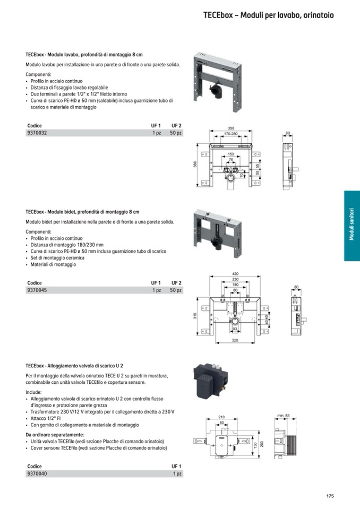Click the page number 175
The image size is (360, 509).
[x=330, y=496]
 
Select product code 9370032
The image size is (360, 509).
[x=37, y=133]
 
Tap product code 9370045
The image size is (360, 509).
[x=37, y=290]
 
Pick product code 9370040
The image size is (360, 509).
[x=37, y=473]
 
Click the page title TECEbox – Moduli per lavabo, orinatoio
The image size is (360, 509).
[x=268, y=15]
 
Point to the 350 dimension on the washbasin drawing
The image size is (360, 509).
[x=231, y=128]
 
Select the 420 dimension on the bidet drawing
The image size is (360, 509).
[x=235, y=274]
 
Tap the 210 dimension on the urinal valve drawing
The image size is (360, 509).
[x=221, y=417]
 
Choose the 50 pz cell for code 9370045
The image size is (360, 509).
[x=176, y=290]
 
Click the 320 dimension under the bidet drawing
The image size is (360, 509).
[x=235, y=341]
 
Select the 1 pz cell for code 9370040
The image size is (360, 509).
[x=177, y=473]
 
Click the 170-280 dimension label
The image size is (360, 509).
[x=230, y=134]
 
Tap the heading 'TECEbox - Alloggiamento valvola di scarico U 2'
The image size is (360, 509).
[x=74, y=366]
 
